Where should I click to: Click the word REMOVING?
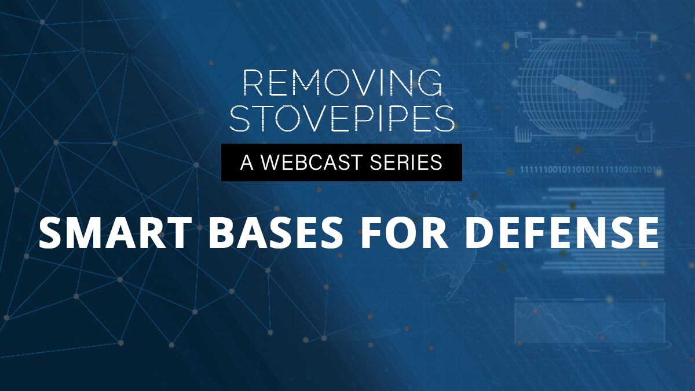pos(342,83)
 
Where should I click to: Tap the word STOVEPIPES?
pos(342,118)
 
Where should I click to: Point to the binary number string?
pos(590,170)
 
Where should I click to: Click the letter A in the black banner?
pos(247,162)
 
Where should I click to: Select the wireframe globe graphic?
pos(583,88)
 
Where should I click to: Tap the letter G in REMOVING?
pos(429,83)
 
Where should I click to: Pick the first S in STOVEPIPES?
pos(239,118)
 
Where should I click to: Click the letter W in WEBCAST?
pos(272,162)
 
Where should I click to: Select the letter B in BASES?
pos(222,233)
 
